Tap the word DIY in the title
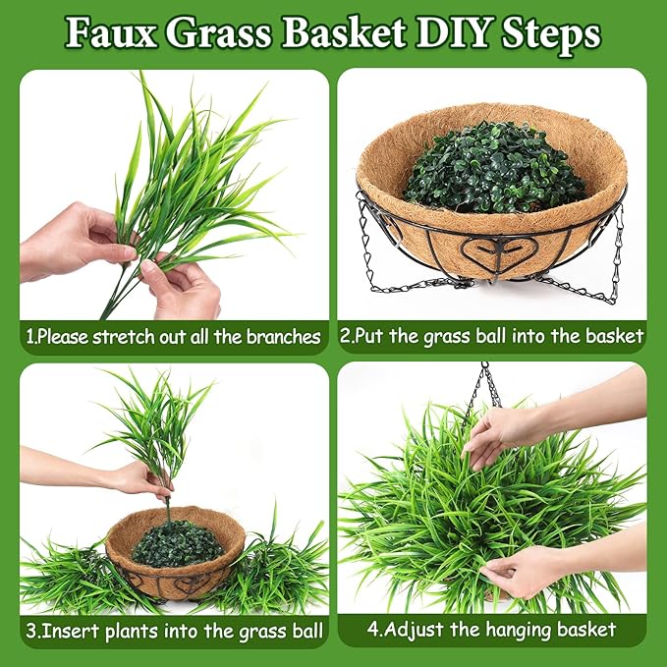453,32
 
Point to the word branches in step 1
283,337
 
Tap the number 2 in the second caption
345,336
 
